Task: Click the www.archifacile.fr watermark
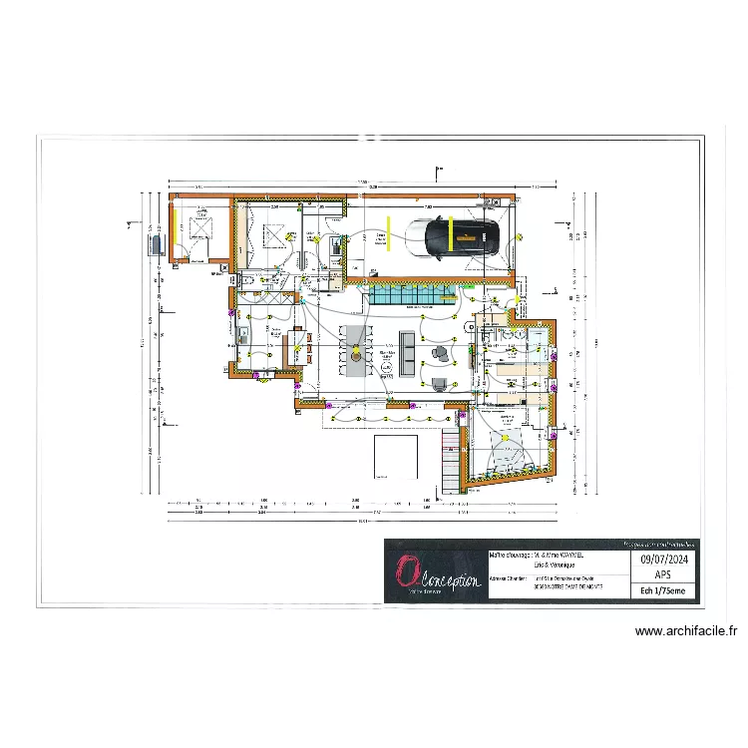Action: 687,631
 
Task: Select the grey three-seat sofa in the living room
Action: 407,353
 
